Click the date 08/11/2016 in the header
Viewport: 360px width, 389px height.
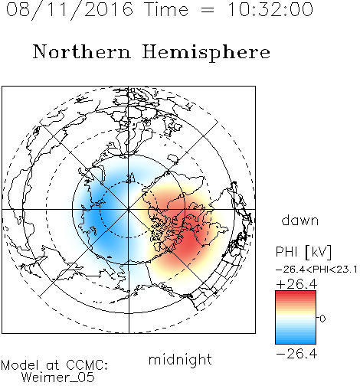pyautogui.click(x=70, y=10)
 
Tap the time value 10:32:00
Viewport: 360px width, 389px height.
pyautogui.click(x=270, y=10)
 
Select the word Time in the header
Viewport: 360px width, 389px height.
pyautogui.click(x=166, y=10)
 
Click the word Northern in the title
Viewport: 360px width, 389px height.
pyautogui.click(x=82, y=52)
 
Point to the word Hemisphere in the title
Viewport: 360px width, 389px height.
pyautogui.click(x=206, y=53)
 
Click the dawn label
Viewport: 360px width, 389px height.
pyautogui.click(x=300, y=221)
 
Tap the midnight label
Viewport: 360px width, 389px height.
pyautogui.click(x=180, y=360)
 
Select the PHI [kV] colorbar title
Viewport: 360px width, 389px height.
pyautogui.click(x=303, y=252)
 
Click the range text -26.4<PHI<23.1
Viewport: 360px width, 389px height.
pyautogui.click(x=316, y=270)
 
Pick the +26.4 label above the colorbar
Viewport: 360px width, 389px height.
pyautogui.click(x=296, y=284)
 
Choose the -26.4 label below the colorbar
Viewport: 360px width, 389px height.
pyautogui.click(x=296, y=354)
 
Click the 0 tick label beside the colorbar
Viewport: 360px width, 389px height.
pyautogui.click(x=322, y=319)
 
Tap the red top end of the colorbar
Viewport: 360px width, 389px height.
pyautogui.click(x=296, y=293)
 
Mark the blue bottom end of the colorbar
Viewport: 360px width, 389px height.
pyautogui.click(x=296, y=342)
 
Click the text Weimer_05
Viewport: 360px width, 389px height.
pyautogui.click(x=58, y=378)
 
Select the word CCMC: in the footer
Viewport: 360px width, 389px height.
pyautogui.click(x=87, y=365)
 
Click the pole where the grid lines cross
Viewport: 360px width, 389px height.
pyautogui.click(x=129, y=210)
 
